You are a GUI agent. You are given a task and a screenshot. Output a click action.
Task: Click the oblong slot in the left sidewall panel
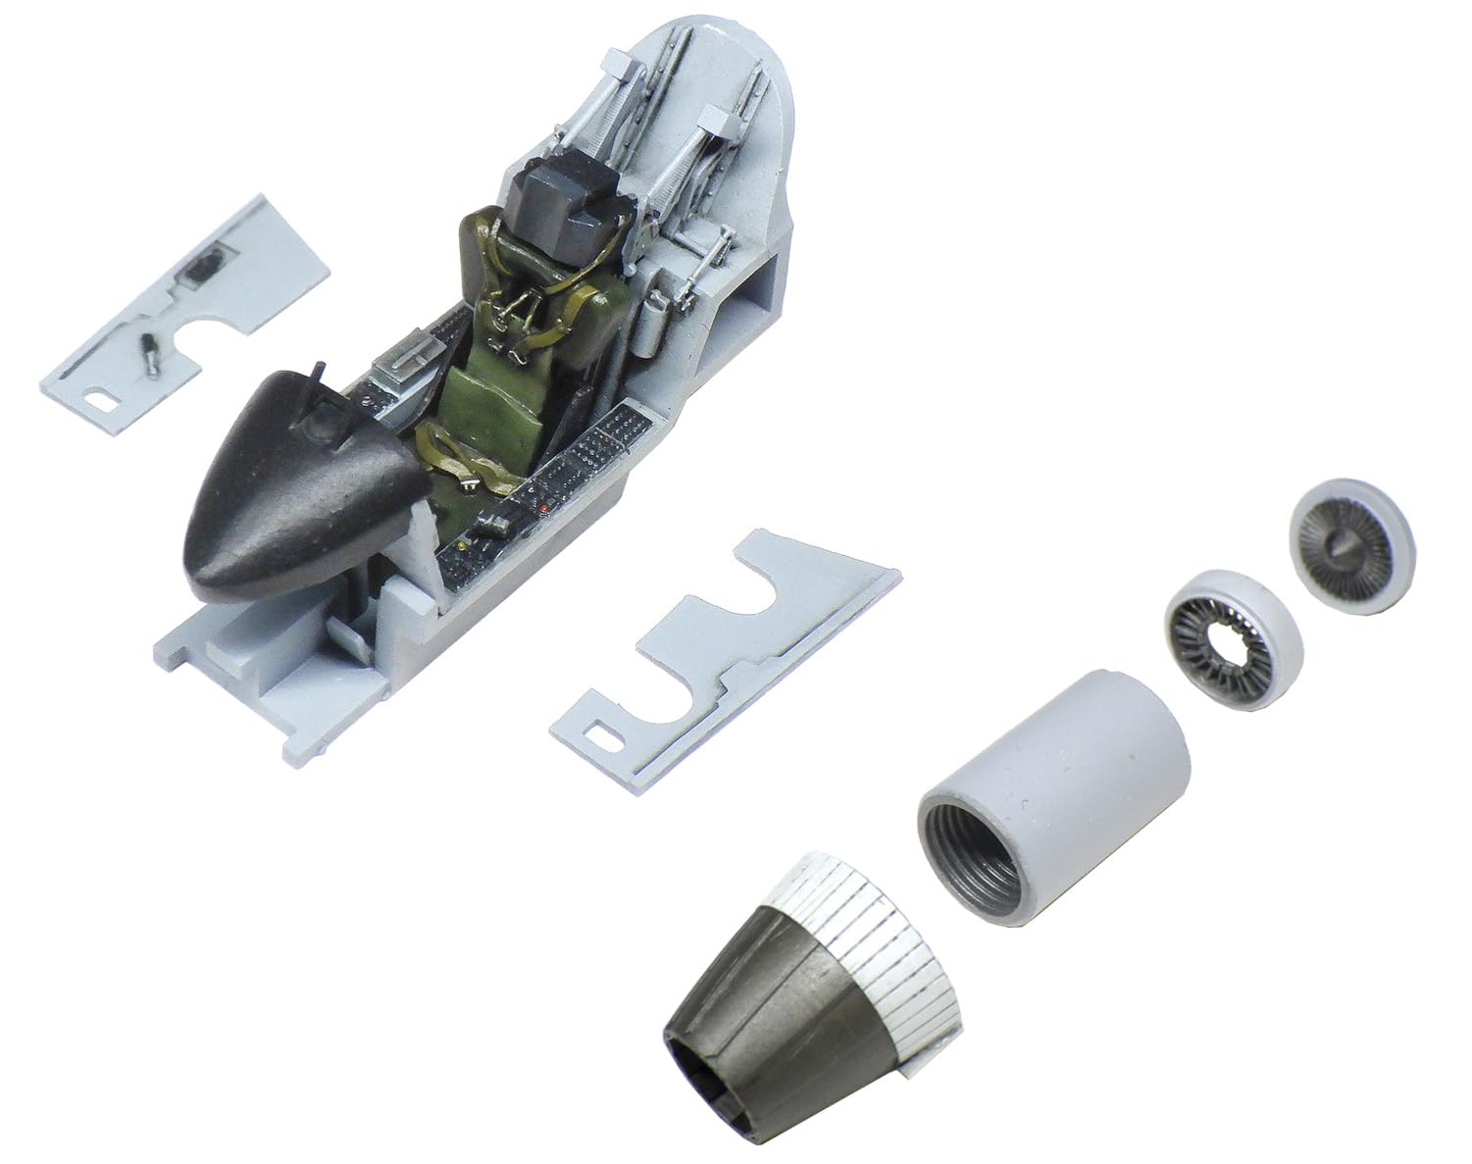pyautogui.click(x=98, y=399)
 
